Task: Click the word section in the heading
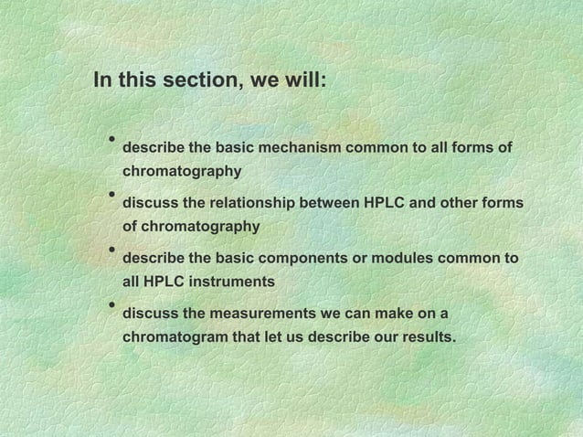point(195,80)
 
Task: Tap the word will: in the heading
point(300,80)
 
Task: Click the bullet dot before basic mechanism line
point(110,140)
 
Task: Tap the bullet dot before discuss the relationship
point(110,195)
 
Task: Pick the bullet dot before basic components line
point(110,250)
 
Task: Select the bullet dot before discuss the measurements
point(110,304)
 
